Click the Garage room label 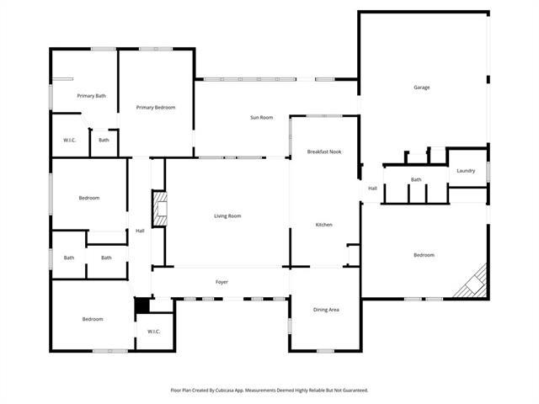tap(421, 88)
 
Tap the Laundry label tap(466, 171)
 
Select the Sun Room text tap(261, 118)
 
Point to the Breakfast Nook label tap(324, 151)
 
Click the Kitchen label tap(324, 225)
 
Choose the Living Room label tap(227, 216)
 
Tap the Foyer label tap(221, 282)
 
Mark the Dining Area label tap(326, 310)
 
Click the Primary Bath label tap(92, 96)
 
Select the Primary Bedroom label tap(156, 108)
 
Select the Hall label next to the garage tap(372, 188)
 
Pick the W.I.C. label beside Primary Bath tap(70, 140)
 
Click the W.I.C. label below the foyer tap(153, 331)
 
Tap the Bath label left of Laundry tap(416, 179)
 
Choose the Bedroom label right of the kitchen tap(424, 255)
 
